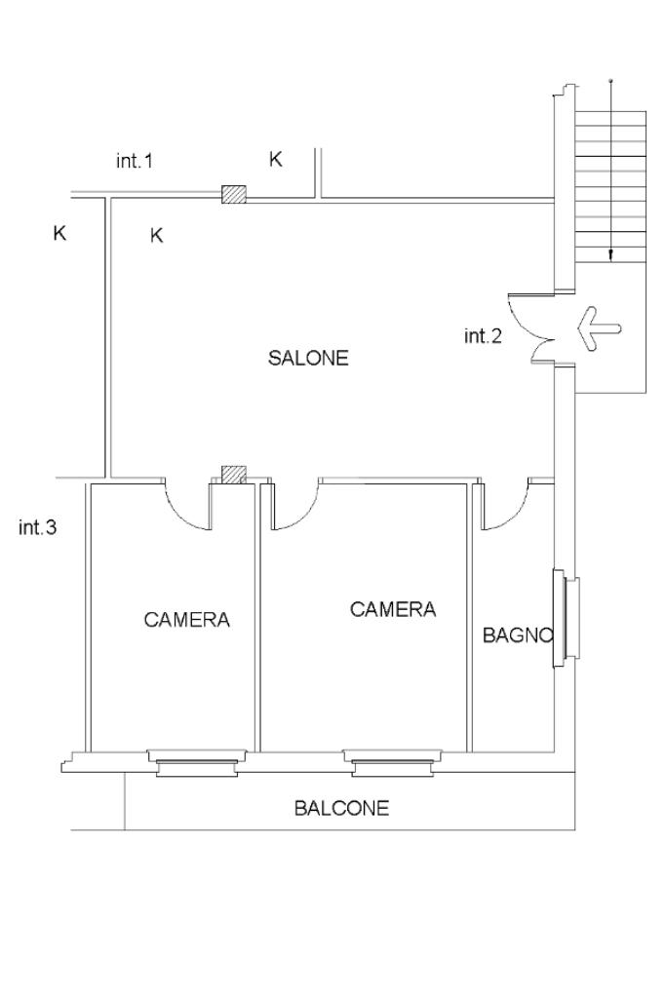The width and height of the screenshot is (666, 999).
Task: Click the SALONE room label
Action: click(308, 358)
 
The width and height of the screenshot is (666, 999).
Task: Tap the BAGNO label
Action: click(518, 635)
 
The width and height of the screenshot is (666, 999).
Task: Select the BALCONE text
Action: click(341, 808)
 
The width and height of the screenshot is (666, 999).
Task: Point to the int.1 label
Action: click(135, 161)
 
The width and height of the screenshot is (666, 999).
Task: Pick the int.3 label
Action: click(38, 528)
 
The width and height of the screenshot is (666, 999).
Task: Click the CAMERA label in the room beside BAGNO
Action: click(393, 609)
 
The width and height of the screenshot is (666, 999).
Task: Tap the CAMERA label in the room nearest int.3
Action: click(187, 619)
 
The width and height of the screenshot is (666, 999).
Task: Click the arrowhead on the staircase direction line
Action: click(610, 256)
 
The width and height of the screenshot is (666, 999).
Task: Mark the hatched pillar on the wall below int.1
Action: click(233, 194)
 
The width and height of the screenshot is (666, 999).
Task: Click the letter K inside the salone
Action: click(156, 235)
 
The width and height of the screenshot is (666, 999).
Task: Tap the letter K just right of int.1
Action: click(276, 160)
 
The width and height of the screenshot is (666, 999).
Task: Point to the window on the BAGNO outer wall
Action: click(565, 618)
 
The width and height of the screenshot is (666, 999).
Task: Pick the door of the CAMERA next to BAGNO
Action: click(296, 505)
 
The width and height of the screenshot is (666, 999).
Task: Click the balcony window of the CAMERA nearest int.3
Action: click(196, 761)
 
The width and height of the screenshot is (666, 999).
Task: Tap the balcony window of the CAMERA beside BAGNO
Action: click(392, 761)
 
